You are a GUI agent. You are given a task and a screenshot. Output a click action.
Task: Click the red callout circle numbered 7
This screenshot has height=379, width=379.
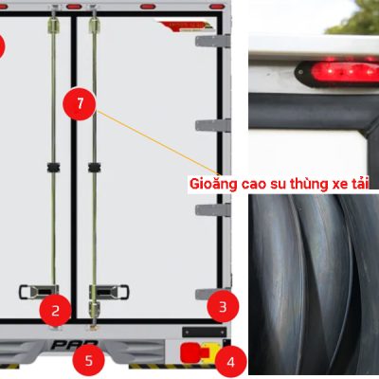80,104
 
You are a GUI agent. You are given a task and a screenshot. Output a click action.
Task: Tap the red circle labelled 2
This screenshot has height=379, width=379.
55,311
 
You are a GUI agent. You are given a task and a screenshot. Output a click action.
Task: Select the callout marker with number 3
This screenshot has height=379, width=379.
223,306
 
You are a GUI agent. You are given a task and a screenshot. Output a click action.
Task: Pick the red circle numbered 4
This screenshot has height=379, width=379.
230,362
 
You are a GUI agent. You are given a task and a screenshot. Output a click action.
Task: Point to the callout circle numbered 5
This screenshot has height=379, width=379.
88,360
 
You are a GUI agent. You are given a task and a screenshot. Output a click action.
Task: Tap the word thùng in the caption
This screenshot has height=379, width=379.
309,183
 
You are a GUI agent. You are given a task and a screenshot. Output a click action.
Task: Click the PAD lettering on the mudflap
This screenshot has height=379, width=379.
74,345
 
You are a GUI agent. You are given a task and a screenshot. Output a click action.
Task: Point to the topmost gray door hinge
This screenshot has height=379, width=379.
213,41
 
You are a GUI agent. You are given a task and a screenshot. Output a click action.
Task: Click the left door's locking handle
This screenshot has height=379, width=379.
39,292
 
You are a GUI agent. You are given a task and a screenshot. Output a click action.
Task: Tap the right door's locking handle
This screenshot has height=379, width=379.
109,292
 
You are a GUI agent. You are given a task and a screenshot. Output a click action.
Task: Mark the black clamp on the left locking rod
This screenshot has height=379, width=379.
53,168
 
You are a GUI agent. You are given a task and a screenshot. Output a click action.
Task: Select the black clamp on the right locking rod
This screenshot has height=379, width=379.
94,168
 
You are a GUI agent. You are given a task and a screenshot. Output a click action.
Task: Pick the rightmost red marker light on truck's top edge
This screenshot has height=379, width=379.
217,7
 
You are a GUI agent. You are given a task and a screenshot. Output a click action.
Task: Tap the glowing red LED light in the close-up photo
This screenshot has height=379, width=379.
344,72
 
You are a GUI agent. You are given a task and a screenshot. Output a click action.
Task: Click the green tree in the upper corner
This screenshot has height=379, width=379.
353,17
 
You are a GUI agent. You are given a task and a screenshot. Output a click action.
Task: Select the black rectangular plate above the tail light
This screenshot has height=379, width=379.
205,332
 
